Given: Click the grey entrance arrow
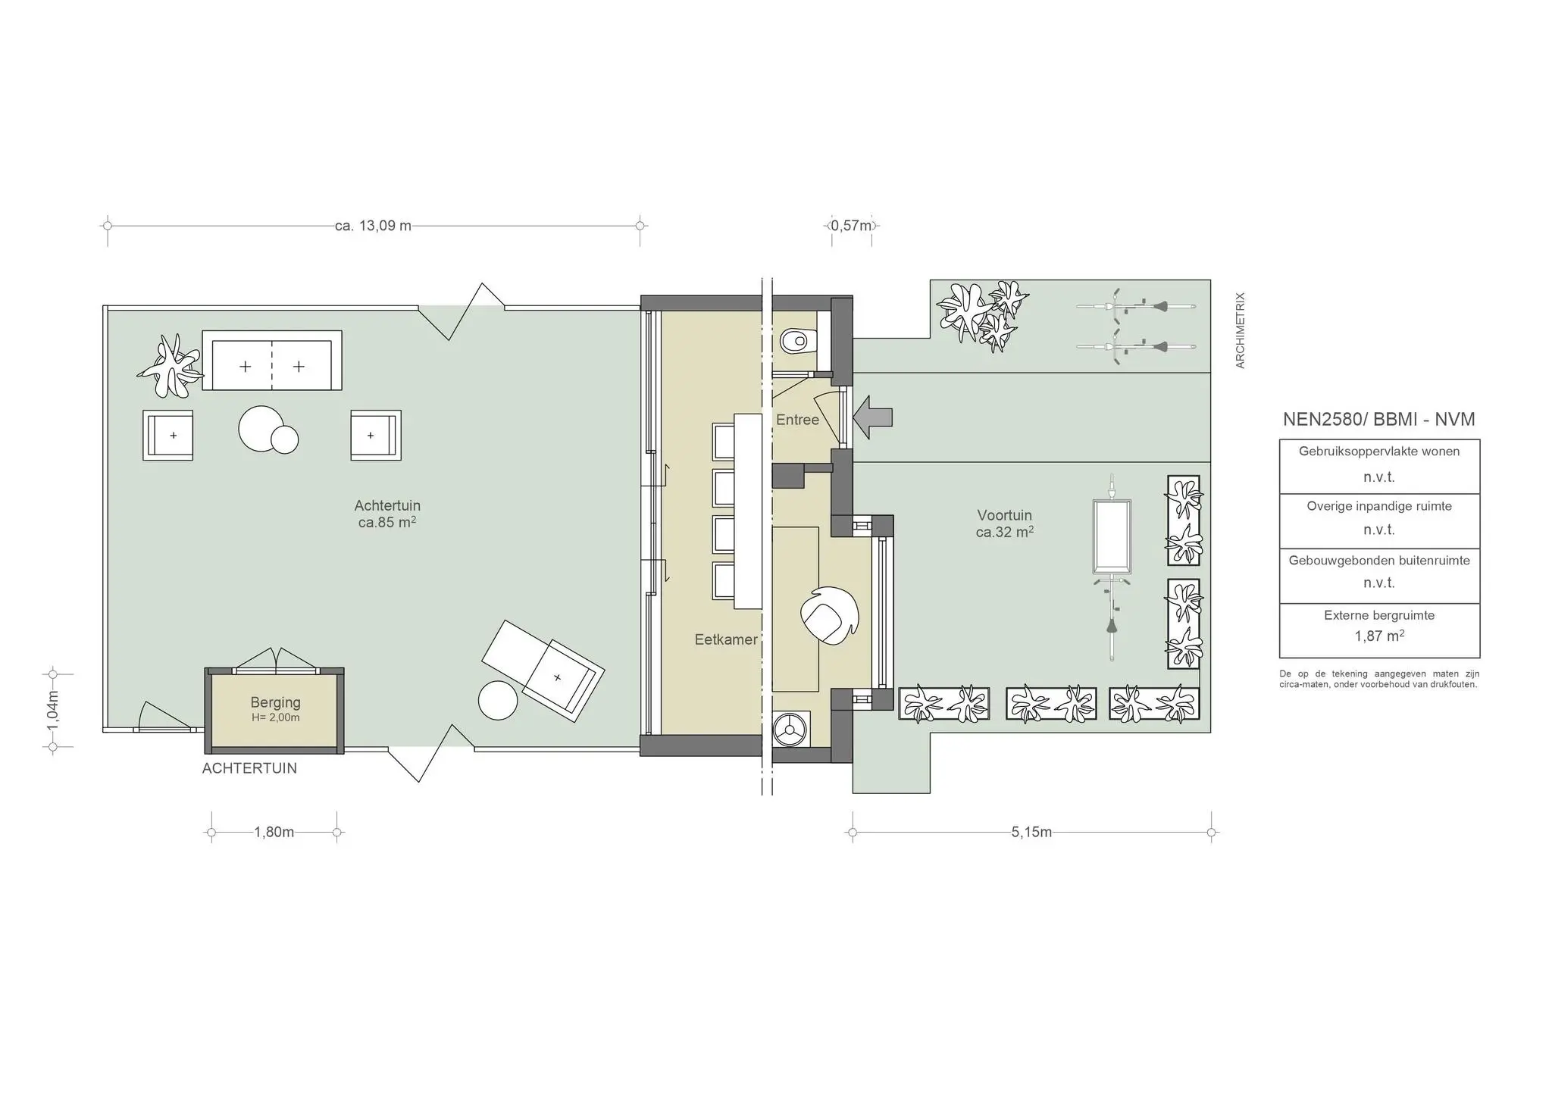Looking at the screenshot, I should point(874,417).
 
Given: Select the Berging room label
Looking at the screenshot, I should point(275,702).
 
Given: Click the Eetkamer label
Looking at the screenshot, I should point(726,639).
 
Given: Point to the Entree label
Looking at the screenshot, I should point(797,420).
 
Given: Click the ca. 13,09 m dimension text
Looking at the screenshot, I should point(373,226).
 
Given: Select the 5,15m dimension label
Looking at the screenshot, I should point(1031,832).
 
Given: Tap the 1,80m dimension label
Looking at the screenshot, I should point(274,832).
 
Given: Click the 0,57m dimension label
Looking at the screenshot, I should point(852,226).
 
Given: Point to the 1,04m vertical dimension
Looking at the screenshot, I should point(52,710).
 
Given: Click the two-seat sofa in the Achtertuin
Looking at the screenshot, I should point(271,361).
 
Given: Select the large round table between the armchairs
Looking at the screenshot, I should point(261,429).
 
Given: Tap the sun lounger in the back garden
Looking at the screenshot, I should point(543,670).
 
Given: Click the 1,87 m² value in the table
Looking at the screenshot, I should point(1379,636).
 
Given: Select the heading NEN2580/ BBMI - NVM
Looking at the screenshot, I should point(1378,420).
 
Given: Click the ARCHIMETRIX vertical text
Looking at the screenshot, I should point(1241,330).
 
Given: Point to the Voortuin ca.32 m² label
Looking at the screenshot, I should point(1004,524).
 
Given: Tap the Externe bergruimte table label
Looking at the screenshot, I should point(1379,615).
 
